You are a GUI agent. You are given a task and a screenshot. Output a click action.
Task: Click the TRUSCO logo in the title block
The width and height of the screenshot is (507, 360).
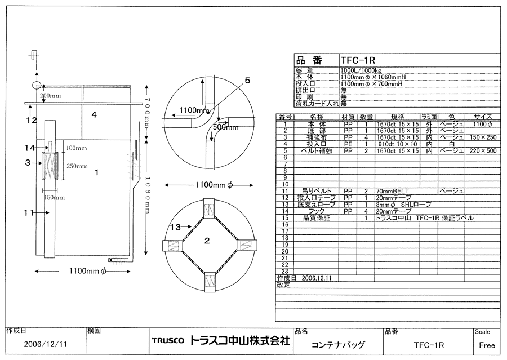click(x=167, y=341)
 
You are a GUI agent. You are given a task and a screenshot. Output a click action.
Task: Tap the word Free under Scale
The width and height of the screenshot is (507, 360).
click(x=487, y=345)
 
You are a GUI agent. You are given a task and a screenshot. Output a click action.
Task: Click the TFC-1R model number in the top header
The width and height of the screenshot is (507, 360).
click(x=358, y=60)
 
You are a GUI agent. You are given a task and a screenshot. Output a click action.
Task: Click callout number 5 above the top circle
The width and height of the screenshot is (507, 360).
click(x=247, y=80)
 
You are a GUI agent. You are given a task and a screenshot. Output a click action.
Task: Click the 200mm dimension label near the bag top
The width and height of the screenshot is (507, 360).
click(x=50, y=96)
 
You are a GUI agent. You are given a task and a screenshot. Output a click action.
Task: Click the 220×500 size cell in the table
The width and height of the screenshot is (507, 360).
click(x=482, y=151)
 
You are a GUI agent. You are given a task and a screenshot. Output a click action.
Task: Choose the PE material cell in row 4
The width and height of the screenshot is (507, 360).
click(x=348, y=144)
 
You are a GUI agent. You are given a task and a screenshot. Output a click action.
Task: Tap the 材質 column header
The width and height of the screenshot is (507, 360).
click(x=348, y=117)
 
